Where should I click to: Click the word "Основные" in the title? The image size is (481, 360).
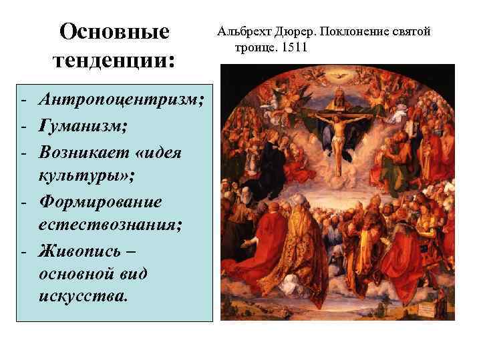click(114, 31)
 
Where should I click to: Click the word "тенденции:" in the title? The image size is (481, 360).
click(114, 61)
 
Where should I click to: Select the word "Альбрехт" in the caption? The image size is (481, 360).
click(243, 32)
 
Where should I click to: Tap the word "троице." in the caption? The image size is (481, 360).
click(257, 49)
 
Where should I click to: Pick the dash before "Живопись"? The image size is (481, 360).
click(23, 252)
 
